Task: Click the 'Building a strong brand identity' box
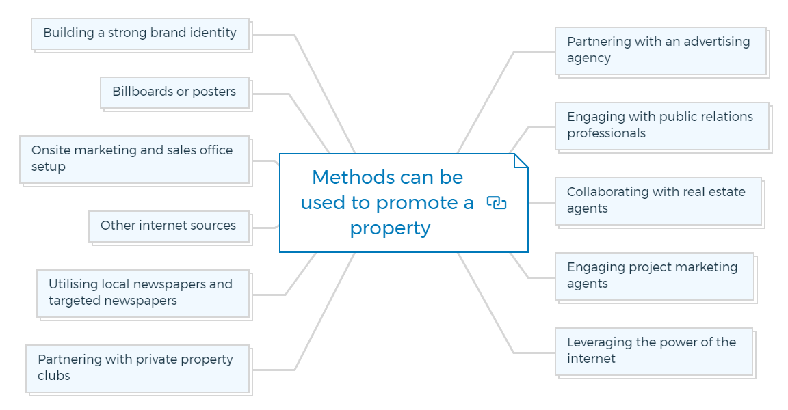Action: (x=140, y=34)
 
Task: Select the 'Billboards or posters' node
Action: (x=175, y=93)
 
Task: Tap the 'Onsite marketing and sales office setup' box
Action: (x=135, y=160)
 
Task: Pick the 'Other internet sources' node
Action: (x=170, y=227)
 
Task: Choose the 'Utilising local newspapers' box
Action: (x=143, y=294)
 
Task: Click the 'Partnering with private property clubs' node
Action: (x=137, y=369)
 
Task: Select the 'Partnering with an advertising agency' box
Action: (x=661, y=51)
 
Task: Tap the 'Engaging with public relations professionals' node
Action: (x=662, y=126)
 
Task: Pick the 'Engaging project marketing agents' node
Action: (x=655, y=277)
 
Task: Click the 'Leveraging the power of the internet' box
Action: (x=654, y=352)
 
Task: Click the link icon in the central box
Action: (x=497, y=203)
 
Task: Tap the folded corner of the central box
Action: (x=521, y=161)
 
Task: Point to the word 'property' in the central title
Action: (x=390, y=229)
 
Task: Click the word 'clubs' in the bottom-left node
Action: (x=54, y=376)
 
